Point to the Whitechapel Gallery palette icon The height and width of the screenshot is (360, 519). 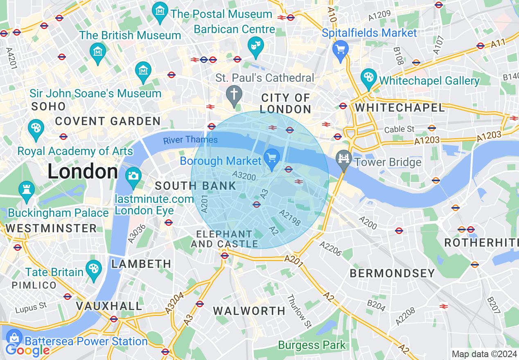369,78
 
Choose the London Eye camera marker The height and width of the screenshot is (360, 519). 133,176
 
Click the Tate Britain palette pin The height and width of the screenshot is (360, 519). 94,269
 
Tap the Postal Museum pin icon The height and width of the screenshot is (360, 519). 160,11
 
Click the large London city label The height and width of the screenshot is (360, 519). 83,171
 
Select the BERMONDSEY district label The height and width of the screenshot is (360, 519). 392,274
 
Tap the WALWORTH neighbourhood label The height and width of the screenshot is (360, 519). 249,311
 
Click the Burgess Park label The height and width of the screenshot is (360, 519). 312,345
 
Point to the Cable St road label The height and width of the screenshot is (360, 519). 399,129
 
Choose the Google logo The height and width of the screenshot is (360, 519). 27,350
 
